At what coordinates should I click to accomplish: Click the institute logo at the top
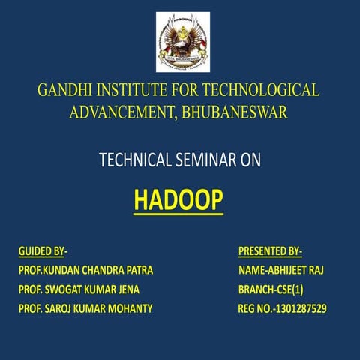tap(183, 42)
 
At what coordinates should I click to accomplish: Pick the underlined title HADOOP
tap(178, 200)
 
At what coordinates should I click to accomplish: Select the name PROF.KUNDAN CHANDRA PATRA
tap(85, 270)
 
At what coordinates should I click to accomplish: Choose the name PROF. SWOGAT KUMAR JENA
tap(78, 289)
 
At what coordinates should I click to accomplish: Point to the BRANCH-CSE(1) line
tap(271, 289)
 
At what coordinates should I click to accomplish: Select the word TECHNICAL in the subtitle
tap(133, 160)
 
